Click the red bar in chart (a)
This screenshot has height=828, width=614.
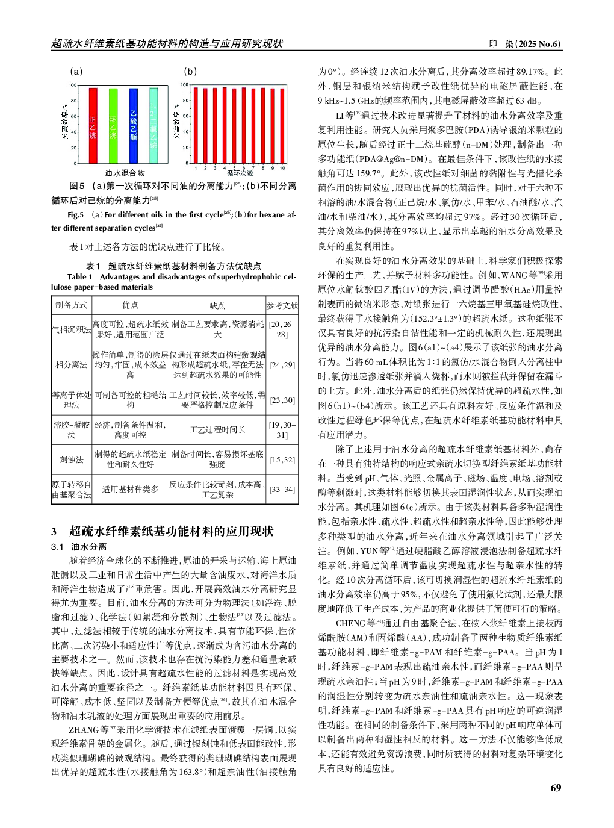pyautogui.click(x=93, y=125)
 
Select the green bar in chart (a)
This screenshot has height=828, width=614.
pyautogui.click(x=113, y=125)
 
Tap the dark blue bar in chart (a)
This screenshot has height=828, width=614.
pyautogui.click(x=133, y=125)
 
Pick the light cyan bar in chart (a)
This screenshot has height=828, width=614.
pyautogui.click(x=153, y=125)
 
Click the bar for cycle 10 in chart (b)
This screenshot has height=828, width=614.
pyautogui.click(x=282, y=125)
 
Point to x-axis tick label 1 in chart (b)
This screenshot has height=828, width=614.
pyautogui.click(x=196, y=169)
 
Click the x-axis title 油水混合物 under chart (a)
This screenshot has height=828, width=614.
pyautogui.click(x=125, y=173)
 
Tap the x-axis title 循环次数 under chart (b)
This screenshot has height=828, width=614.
pyautogui.click(x=240, y=173)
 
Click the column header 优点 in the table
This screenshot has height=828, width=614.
pyautogui.click(x=130, y=305)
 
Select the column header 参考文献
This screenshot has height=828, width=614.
pyautogui.click(x=282, y=305)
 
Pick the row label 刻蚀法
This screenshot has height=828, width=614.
pyautogui.click(x=71, y=459)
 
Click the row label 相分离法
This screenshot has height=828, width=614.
pyautogui.click(x=71, y=364)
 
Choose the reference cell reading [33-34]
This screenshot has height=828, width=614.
pyautogui.click(x=282, y=489)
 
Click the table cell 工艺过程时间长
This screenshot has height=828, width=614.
pyautogui.click(x=217, y=429)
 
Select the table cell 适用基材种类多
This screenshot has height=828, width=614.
pyautogui.click(x=130, y=489)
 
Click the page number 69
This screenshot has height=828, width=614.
pyautogui.click(x=556, y=788)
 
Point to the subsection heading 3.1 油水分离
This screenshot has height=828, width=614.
pyautogui.click(x=79, y=547)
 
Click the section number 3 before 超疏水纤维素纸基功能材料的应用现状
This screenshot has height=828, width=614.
pyautogui.click(x=54, y=531)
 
